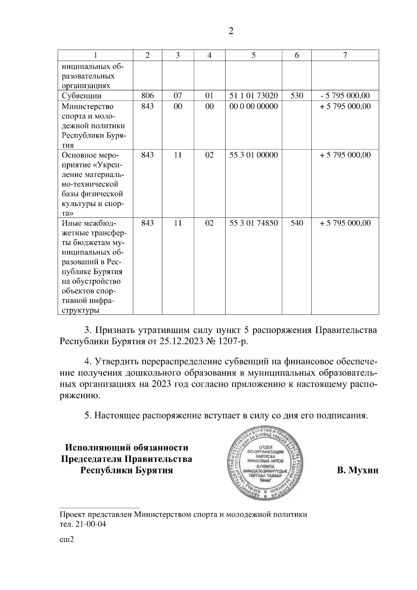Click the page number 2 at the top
231,31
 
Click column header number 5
253,55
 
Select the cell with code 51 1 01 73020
253,96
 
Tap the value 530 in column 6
296,96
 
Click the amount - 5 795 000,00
345,96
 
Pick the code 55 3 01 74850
253,223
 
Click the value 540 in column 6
296,223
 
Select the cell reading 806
147,96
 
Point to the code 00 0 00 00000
253,106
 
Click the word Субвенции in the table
82,96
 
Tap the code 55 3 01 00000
253,155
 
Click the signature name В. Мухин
357,471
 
